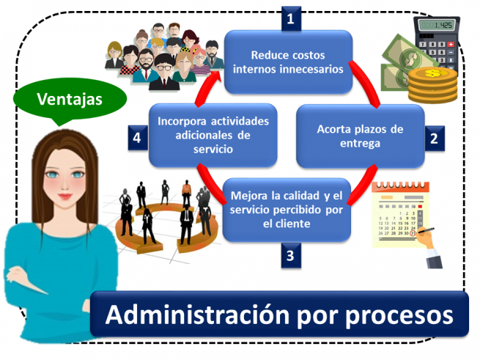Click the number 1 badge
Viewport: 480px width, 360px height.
pyautogui.click(x=291, y=19)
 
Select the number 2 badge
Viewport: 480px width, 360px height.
pyautogui.click(x=435, y=138)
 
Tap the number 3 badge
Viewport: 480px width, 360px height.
pyautogui.click(x=291, y=255)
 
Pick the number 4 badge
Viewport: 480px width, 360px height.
pyautogui.click(x=138, y=138)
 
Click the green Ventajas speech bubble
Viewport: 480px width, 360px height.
pyautogui.click(x=70, y=100)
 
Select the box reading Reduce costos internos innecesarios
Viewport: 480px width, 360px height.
pyautogui.click(x=289, y=62)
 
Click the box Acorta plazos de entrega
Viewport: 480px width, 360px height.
pyautogui.click(x=361, y=136)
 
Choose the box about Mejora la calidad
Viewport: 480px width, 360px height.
pyautogui.click(x=287, y=210)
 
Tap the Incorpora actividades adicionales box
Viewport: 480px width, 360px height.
pyautogui.click(x=213, y=135)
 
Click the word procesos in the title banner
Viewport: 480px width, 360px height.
pyautogui.click(x=399, y=315)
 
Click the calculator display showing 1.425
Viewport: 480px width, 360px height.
pyautogui.click(x=436, y=26)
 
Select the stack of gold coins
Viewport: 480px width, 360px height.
pyautogui.click(x=433, y=86)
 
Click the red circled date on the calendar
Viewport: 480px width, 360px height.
pyautogui.click(x=413, y=233)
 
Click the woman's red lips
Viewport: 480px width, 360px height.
pyautogui.click(x=65, y=196)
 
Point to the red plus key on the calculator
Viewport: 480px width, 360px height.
pyautogui.click(x=450, y=45)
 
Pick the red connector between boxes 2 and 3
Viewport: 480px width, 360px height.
pyautogui.click(x=363, y=185)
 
